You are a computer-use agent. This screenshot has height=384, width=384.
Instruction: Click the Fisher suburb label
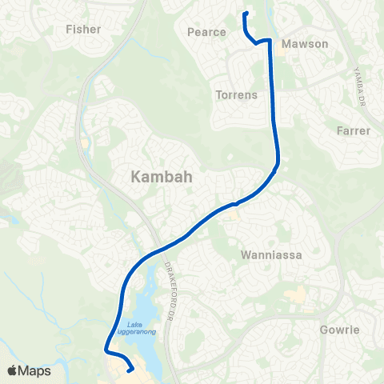[83, 30]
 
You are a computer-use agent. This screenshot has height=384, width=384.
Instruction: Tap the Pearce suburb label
[206, 33]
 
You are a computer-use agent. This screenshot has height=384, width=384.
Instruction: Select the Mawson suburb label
[306, 44]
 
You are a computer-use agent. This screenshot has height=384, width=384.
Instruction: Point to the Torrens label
[236, 95]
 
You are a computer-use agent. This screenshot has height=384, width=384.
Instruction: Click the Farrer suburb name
[354, 130]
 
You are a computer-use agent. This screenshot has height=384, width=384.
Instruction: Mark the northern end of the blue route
[244, 14]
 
